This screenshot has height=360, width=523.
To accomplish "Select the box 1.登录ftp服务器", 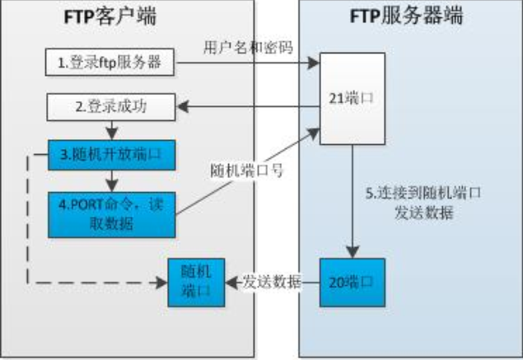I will (x=109, y=63).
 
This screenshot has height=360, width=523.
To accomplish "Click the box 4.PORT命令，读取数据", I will (x=112, y=210).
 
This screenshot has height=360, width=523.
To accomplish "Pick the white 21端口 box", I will (x=353, y=96).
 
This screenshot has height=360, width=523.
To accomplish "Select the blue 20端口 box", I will (x=353, y=281).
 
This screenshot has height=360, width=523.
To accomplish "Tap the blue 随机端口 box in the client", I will (x=196, y=282).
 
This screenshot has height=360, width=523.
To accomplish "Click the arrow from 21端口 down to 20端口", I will (x=353, y=198).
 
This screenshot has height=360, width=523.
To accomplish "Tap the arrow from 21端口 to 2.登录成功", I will (x=247, y=105).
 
